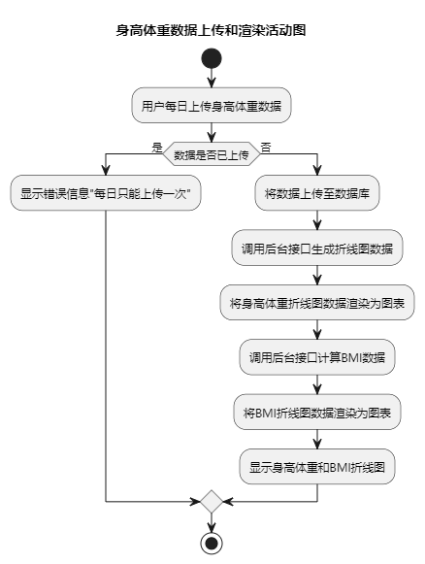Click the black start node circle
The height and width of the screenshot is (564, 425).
coord(212,58)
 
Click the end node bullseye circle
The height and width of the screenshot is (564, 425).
coord(212,543)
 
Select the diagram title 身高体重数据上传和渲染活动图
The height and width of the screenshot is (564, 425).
coord(212,30)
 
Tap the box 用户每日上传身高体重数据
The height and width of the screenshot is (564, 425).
coord(212,105)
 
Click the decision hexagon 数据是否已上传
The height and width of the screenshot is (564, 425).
coord(212,154)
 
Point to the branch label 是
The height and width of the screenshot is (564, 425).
coord(157,148)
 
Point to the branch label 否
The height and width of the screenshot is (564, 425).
coord(266,148)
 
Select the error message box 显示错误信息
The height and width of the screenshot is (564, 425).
coord(106,193)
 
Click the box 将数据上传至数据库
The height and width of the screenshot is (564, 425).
coord(317,193)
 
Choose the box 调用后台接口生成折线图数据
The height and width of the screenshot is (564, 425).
coord(317,248)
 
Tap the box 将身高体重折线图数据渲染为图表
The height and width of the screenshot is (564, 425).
coord(317,303)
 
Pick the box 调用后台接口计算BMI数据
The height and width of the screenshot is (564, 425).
coord(317,357)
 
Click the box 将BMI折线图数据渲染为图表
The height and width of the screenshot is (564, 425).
coord(317,412)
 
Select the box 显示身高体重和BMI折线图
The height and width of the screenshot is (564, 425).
coord(317,467)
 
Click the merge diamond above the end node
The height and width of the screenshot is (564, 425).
coord(212,502)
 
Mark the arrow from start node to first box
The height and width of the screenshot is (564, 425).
coord(212,78)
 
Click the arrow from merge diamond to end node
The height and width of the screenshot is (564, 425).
coord(212,522)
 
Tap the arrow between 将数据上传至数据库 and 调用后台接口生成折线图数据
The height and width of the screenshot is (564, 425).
coord(317,220)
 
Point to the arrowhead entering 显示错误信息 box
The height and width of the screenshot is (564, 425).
coord(106,171)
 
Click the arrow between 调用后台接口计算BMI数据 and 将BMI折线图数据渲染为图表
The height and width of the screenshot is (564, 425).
coord(317,384)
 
